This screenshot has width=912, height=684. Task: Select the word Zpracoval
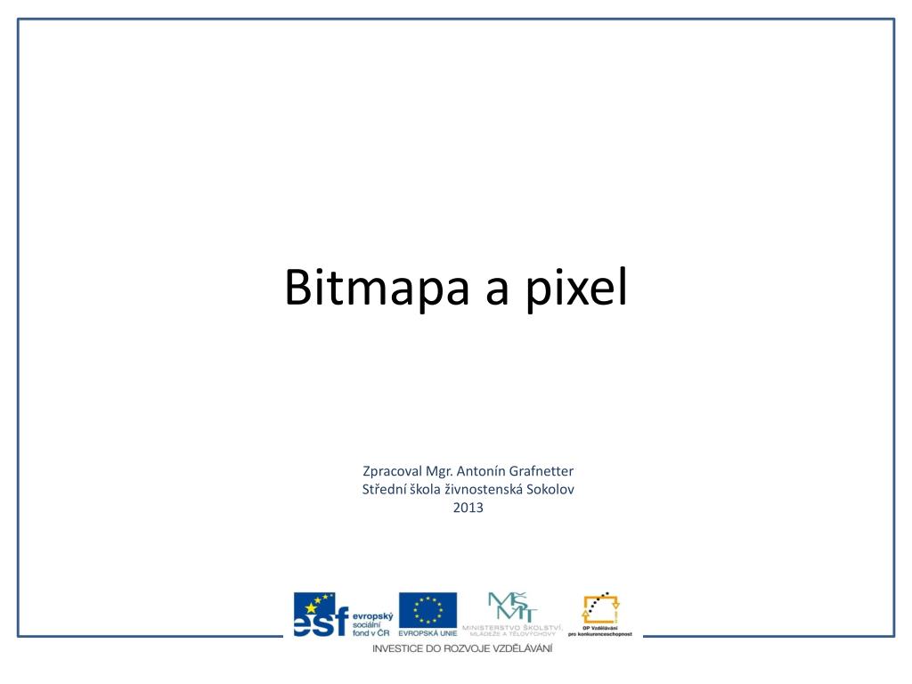(x=391, y=471)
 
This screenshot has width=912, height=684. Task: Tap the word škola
(x=427, y=489)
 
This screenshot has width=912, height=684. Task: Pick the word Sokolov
(x=552, y=489)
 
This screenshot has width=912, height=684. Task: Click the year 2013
(x=468, y=508)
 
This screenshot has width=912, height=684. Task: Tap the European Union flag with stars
(x=427, y=609)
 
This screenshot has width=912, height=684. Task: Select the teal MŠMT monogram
(x=512, y=607)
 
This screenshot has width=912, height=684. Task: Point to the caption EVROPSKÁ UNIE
(x=427, y=633)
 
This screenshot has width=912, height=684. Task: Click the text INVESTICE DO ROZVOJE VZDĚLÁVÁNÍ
(x=462, y=648)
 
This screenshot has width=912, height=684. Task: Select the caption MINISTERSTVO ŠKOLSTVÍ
(x=512, y=629)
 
